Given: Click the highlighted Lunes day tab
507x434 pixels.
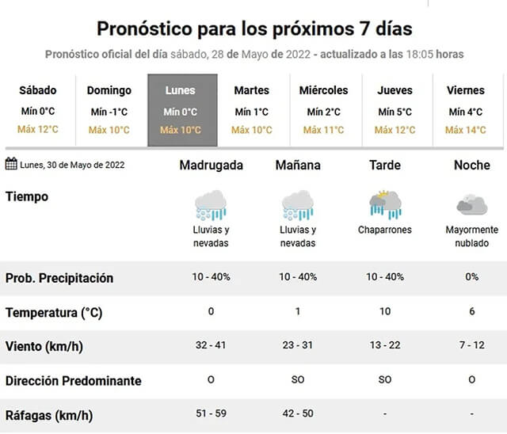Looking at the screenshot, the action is click(x=182, y=110).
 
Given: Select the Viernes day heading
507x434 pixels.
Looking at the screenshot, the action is click(x=466, y=90).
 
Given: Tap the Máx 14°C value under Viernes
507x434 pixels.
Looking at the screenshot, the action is click(x=466, y=130).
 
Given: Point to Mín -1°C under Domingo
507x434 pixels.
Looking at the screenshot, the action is click(x=109, y=112).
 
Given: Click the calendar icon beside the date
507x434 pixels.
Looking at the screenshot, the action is click(x=11, y=163).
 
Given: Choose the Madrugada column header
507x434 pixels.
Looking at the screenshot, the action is click(x=212, y=166).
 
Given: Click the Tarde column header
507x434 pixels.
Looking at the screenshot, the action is click(x=385, y=166).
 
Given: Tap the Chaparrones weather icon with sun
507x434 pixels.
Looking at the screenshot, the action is click(x=385, y=205).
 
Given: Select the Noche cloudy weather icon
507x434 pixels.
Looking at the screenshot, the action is click(x=472, y=205).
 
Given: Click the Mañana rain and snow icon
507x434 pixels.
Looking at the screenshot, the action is click(x=298, y=205).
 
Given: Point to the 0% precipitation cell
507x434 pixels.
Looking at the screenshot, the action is click(x=472, y=277).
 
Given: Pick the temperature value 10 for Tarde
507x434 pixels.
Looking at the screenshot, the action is click(x=385, y=311).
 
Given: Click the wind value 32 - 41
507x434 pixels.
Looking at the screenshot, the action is click(x=211, y=345).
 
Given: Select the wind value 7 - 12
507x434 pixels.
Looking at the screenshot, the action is click(x=472, y=345).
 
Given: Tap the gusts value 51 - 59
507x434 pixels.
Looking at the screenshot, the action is click(x=211, y=413).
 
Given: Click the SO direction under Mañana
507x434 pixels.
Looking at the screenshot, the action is click(x=298, y=379).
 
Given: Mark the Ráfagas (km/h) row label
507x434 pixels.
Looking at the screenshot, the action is click(x=49, y=416).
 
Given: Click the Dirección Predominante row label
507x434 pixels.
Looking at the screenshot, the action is click(x=74, y=381).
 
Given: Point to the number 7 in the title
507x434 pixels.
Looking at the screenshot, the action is click(x=364, y=29).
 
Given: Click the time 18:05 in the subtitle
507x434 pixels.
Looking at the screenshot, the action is click(x=420, y=55).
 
